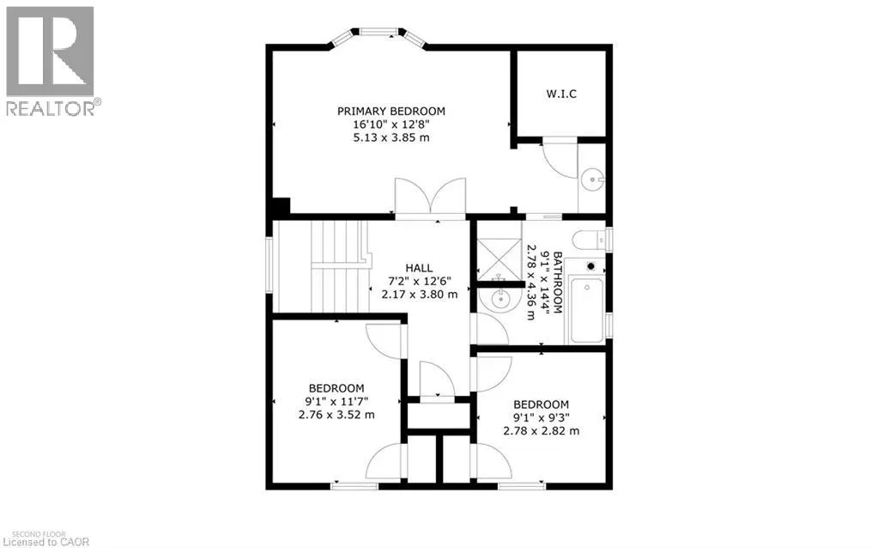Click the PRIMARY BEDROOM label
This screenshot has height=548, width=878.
click(x=391, y=111)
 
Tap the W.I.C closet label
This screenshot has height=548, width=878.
click(x=562, y=94)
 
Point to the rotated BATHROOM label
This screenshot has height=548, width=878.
click(x=557, y=283)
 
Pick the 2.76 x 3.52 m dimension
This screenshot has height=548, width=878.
click(x=336, y=414)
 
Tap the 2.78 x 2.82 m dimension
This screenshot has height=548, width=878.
click(x=541, y=430)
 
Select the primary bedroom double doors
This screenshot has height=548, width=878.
click(x=431, y=198)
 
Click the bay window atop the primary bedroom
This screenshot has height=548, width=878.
click(x=378, y=33)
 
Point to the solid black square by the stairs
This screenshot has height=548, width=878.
click(x=280, y=207)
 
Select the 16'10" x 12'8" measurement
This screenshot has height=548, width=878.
click(x=391, y=125)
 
